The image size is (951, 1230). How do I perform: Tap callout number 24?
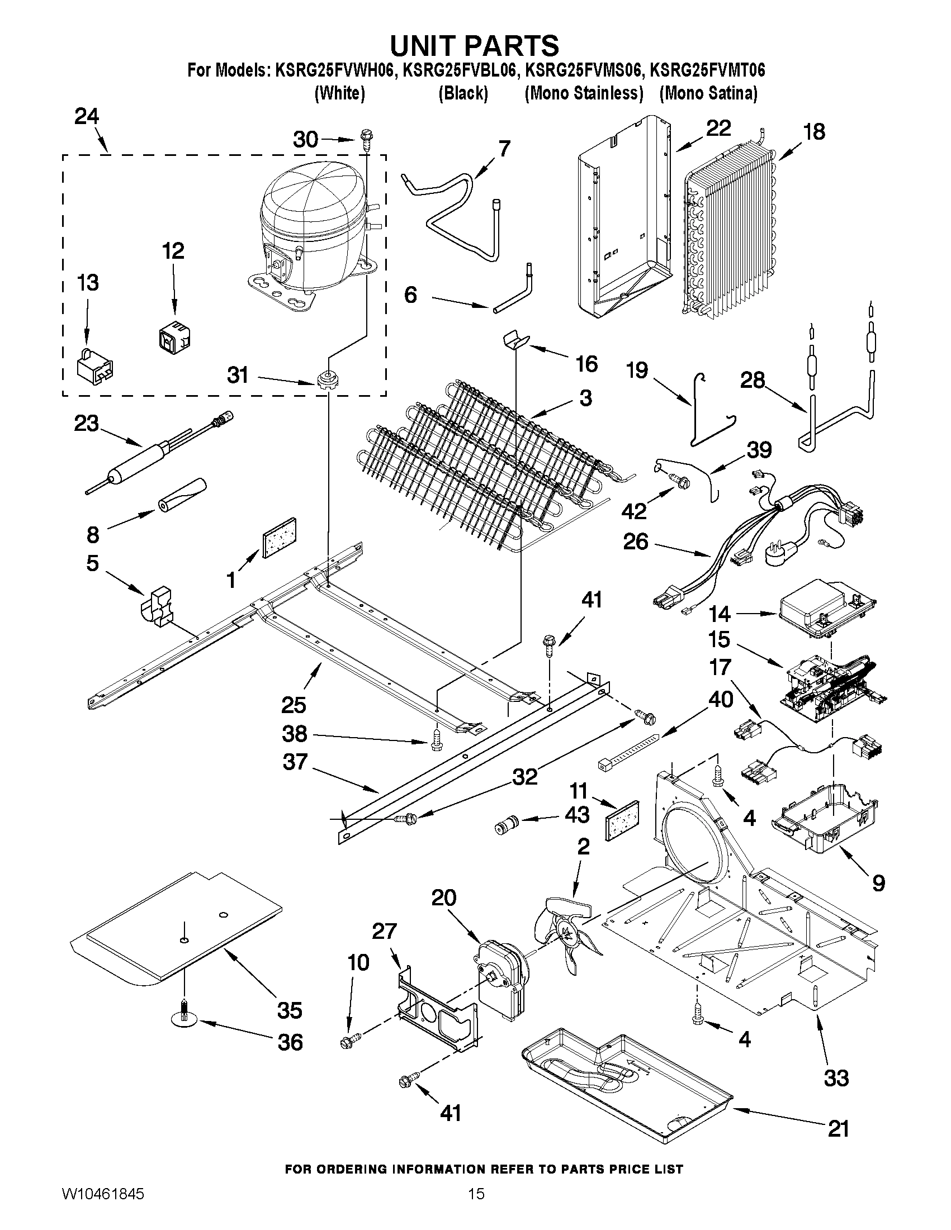coord(87,117)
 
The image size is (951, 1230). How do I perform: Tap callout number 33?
coord(836,1078)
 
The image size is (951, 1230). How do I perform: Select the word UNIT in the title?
coord(431,45)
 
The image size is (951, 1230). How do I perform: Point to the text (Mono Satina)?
coord(708,93)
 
